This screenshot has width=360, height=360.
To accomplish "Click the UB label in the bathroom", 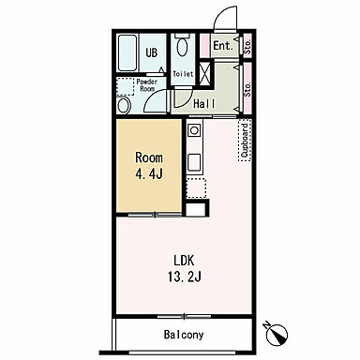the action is [152, 52].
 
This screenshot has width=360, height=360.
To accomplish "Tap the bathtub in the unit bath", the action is [127, 53].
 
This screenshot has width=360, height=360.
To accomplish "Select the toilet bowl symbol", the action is [182, 46].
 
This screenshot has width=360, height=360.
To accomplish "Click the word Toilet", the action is [183, 74].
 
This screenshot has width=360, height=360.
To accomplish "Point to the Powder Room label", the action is [147, 85].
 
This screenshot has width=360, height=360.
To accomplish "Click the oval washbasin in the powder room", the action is [124, 106].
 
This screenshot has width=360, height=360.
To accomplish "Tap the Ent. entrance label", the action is [223, 46].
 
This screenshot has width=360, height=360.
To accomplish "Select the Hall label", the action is [204, 104].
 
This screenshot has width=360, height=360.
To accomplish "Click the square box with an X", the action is [205, 74].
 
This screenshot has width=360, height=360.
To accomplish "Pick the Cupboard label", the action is [245, 141].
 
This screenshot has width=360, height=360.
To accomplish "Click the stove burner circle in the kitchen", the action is [194, 130].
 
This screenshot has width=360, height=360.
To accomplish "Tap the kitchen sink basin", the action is [194, 162].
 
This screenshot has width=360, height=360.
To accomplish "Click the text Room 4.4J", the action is [149, 166].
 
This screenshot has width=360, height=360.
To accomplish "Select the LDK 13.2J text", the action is [185, 268].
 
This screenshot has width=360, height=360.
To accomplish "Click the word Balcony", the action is [184, 335].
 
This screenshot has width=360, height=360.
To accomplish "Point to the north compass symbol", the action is [277, 333].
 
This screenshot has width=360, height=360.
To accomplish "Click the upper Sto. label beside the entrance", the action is [247, 46].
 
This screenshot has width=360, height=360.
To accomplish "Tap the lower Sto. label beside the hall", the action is [247, 89].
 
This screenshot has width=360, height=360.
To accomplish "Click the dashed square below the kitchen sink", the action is [196, 187].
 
